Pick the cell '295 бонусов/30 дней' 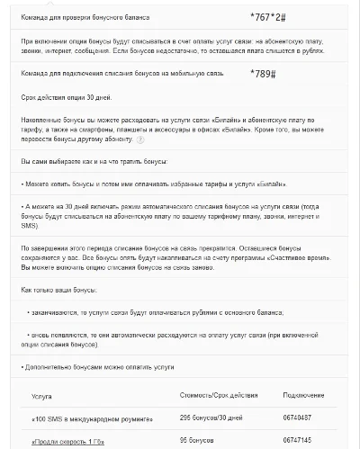[211, 418]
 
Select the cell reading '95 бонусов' [199, 441]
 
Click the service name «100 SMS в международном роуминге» [88, 418]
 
